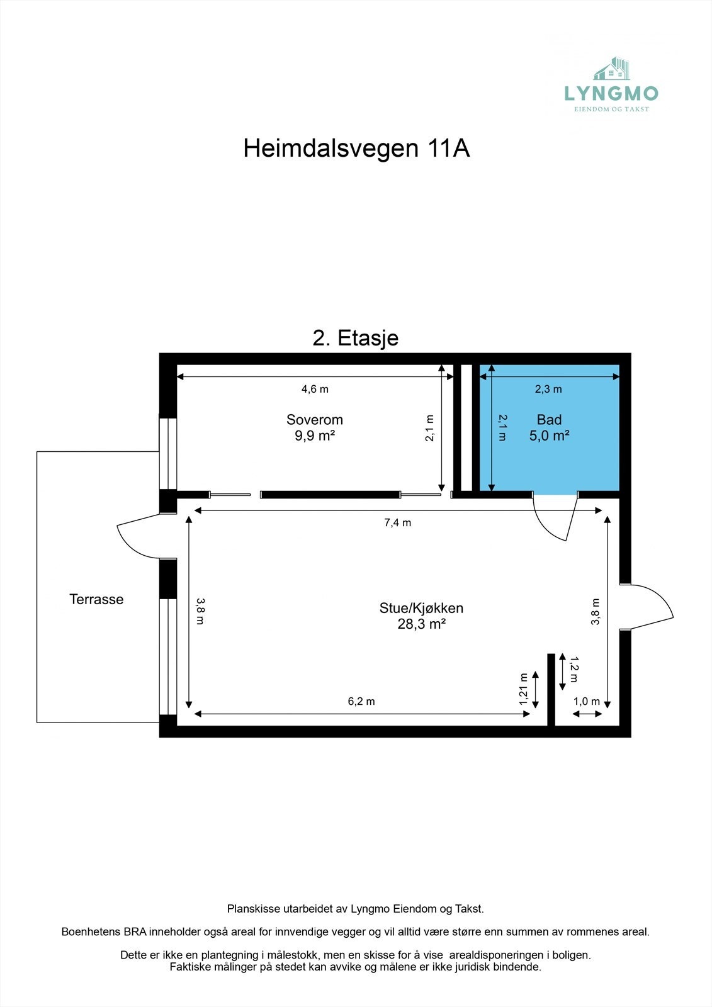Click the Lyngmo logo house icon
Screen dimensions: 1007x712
[613, 69]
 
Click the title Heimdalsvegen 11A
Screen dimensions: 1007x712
[356, 149]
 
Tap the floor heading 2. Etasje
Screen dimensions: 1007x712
[356, 338]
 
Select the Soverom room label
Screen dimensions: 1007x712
[314, 420]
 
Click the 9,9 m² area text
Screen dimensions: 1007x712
[314, 436]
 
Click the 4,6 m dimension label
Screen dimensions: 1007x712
[315, 389]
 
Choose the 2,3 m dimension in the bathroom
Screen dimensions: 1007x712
[548, 389]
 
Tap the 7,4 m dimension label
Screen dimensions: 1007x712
[397, 522]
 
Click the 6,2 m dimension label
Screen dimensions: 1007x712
[361, 701]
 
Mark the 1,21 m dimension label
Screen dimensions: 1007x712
[523, 689]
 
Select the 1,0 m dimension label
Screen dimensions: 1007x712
[586, 701]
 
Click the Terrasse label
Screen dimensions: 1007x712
[96, 599]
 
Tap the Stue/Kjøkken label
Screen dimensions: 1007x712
[421, 608]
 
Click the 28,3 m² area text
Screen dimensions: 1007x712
[421, 624]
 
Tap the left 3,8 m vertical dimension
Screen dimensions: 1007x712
[200, 610]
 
